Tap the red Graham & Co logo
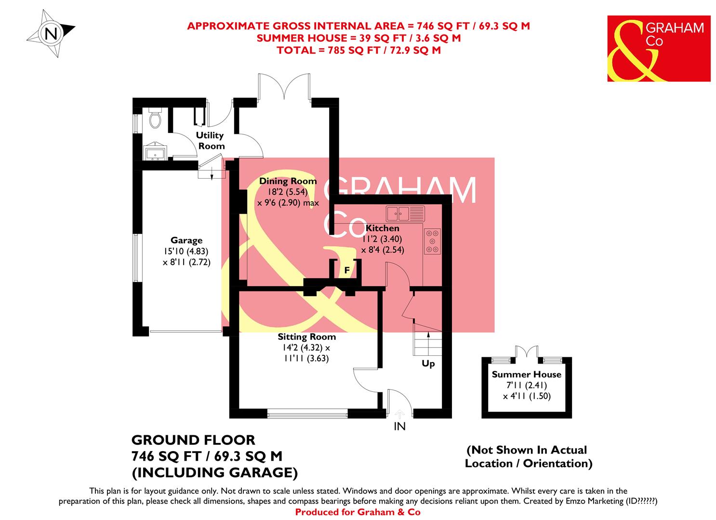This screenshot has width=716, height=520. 658,48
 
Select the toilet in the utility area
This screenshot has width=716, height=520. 155,118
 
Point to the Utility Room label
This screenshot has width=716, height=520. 210,141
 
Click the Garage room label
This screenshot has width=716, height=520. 186,240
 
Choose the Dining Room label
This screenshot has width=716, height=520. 288,181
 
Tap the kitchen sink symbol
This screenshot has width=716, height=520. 405,212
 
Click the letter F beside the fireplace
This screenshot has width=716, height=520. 346,271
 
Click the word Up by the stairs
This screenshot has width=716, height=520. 428,364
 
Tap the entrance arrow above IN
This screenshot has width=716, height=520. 399,413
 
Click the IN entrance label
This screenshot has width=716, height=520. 399,426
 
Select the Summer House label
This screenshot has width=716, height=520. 526,374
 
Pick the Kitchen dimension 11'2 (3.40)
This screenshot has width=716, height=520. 382,239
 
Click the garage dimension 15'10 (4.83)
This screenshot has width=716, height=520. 186,251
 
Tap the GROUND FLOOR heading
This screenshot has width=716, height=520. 193,440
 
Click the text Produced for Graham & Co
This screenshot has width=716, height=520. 358,512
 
